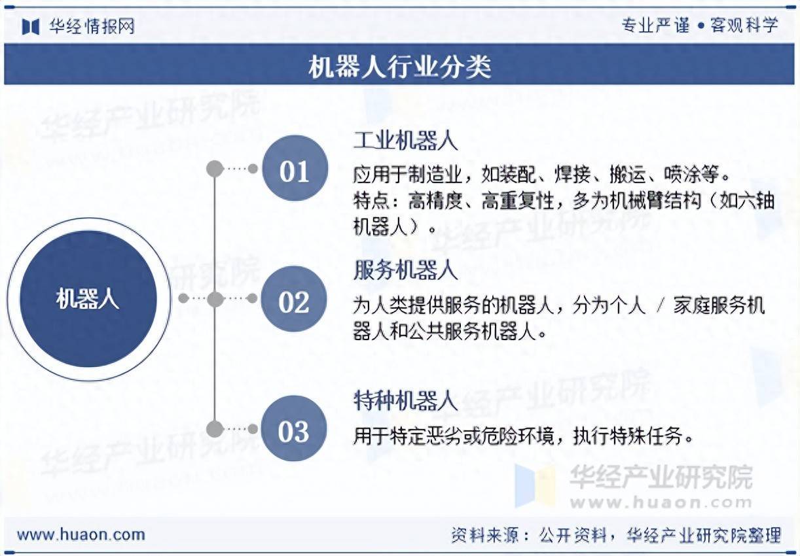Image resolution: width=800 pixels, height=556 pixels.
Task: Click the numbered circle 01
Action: pos(295,168)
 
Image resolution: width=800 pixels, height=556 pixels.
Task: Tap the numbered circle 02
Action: pos(294,299)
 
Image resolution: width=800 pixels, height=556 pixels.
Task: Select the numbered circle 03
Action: pos(294,428)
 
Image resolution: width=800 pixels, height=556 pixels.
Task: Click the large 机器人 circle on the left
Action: pos(88,299)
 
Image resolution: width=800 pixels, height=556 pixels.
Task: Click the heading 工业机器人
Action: pos(405,141)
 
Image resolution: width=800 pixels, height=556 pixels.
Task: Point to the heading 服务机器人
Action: pos(405,270)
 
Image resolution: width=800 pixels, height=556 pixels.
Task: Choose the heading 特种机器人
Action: pos(405,400)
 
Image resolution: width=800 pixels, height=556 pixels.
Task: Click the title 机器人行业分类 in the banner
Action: pos(399,67)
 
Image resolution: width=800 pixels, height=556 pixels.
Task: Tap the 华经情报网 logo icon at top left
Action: pos(30,27)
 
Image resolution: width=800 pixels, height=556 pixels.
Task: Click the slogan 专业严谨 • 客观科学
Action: pos(700,26)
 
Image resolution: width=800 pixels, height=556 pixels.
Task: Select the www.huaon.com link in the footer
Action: pos(81,534)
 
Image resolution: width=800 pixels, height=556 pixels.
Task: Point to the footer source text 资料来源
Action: pos(484,535)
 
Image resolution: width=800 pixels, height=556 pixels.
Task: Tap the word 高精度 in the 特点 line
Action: pos(435,201)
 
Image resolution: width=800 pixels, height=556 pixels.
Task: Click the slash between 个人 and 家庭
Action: pos(660,306)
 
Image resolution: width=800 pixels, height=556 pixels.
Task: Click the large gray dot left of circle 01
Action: pos(215,169)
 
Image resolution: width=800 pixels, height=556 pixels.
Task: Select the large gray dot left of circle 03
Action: pos(215,428)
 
